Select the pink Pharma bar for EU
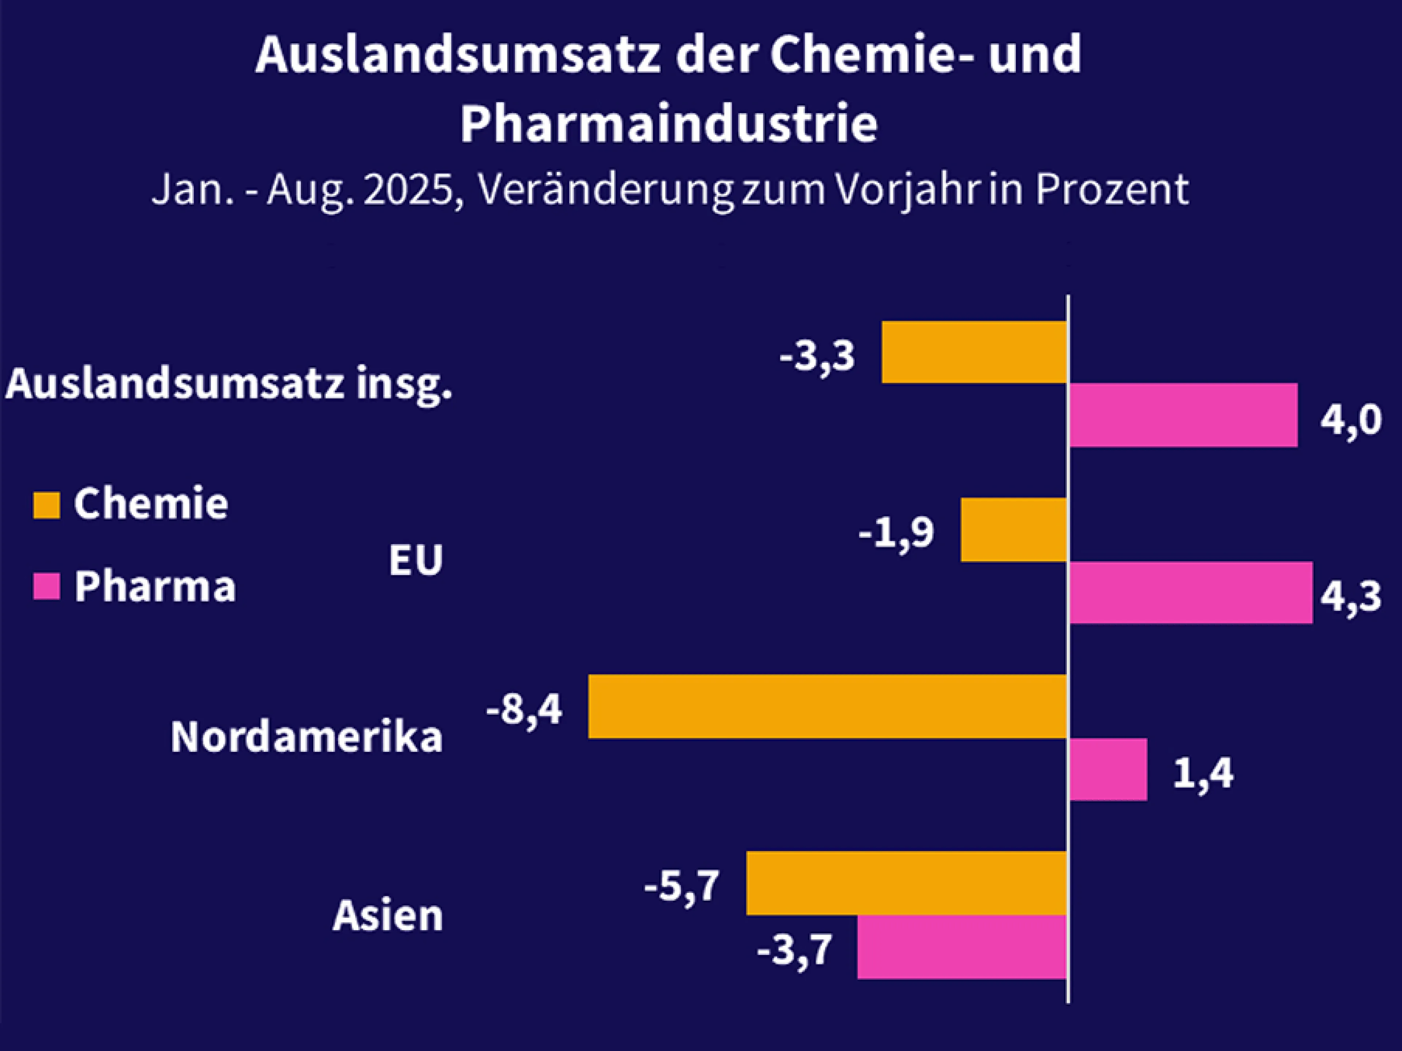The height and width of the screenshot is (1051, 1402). pos(1190,592)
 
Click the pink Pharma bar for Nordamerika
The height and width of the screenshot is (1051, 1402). pos(1108,769)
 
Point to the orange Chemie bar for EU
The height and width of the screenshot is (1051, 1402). pos(1014,530)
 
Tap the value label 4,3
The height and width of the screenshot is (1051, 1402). pos(1350,596)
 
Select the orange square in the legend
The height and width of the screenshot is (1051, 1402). pos(46,505)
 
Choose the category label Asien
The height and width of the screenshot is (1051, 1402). pos(387,915)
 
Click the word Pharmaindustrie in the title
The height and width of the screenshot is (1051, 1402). pos(669,124)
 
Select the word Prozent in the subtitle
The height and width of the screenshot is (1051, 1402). pos(1112,189)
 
